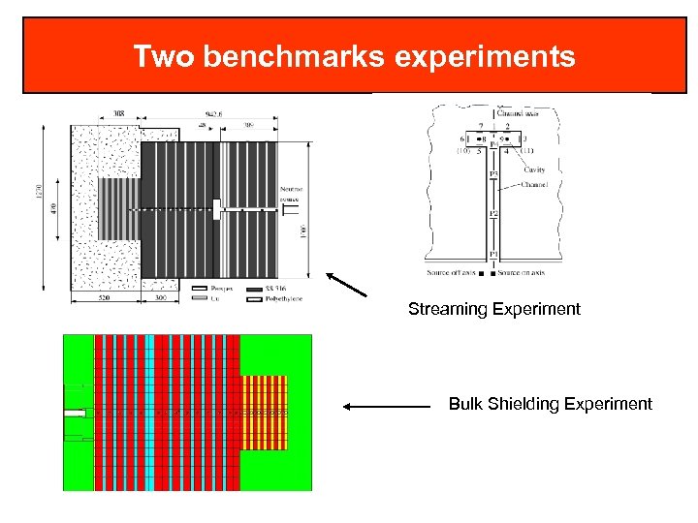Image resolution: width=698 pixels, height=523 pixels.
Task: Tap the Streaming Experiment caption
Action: (x=493, y=309)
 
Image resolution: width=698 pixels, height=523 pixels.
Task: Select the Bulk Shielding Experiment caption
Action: (x=550, y=404)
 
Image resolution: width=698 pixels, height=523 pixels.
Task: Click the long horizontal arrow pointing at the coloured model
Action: (x=388, y=408)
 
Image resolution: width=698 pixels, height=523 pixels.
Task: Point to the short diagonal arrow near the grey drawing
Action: (x=346, y=285)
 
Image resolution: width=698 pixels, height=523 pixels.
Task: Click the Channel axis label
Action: (x=521, y=113)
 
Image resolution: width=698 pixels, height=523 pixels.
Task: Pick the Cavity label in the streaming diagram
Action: (x=534, y=170)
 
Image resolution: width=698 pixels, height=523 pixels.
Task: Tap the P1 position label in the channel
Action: (x=492, y=254)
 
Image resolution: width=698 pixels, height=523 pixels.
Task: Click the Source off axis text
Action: (x=451, y=273)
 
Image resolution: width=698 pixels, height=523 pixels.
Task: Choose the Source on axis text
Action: (x=523, y=273)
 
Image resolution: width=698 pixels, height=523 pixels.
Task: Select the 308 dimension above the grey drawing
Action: (x=117, y=114)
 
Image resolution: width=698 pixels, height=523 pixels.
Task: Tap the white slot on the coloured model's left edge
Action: (x=74, y=413)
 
